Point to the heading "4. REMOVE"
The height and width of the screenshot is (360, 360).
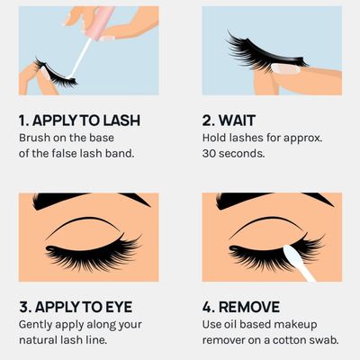[x=241, y=307]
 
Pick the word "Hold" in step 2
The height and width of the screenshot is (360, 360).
[x=217, y=138]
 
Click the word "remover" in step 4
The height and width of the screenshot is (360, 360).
[x=226, y=341]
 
